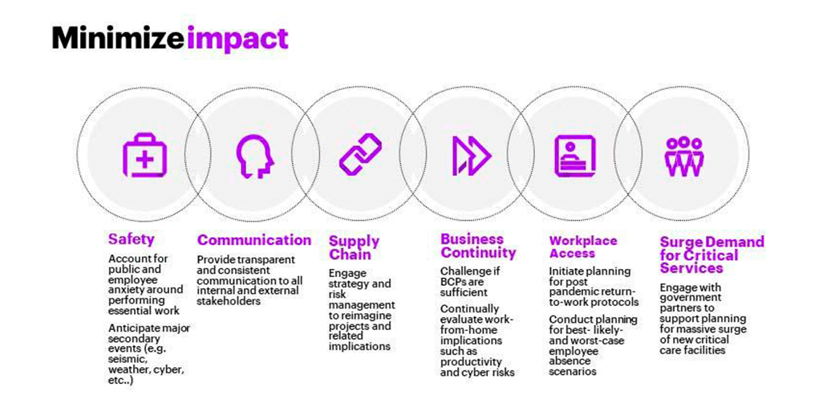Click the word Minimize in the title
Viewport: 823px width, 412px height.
tap(120, 38)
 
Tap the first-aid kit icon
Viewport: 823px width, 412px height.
tap(144, 155)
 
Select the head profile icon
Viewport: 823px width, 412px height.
tap(254, 156)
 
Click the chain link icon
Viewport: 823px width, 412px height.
tap(360, 154)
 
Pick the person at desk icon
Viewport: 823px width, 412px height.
tap(575, 155)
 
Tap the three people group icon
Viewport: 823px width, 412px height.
tap(683, 156)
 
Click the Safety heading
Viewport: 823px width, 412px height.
tap(132, 239)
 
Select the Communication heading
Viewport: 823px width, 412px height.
tap(254, 240)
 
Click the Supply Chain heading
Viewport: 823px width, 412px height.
tap(354, 247)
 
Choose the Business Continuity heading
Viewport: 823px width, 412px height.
tap(478, 246)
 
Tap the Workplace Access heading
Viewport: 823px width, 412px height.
tap(583, 247)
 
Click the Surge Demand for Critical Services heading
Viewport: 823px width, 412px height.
tap(712, 255)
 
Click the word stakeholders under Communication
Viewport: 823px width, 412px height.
tap(229, 301)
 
